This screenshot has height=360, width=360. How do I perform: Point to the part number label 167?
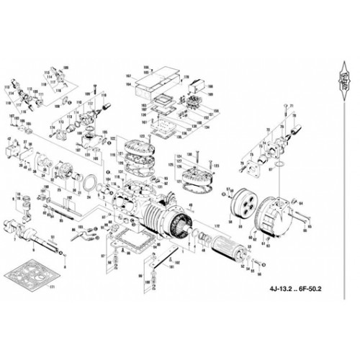(127, 75)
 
